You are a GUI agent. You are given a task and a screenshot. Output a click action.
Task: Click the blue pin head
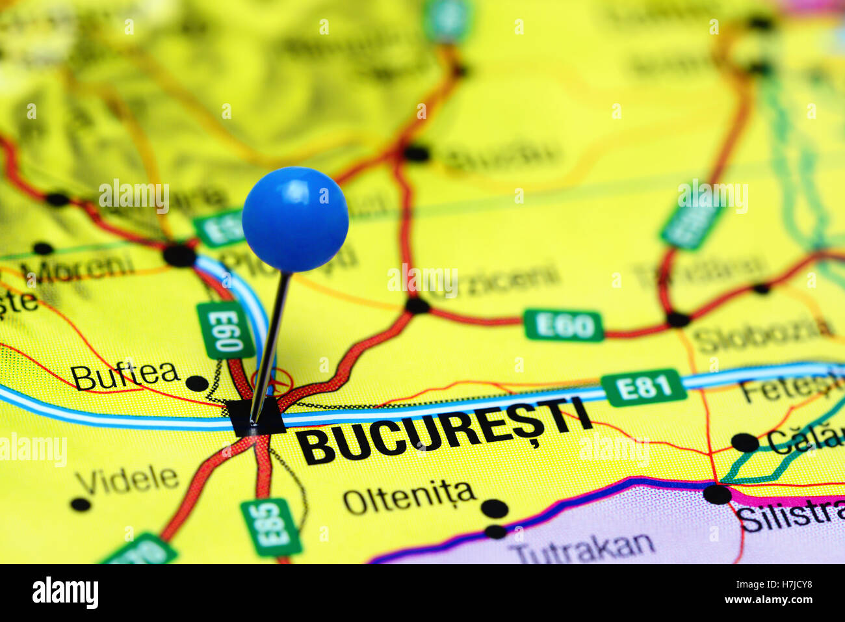[x=295, y=219]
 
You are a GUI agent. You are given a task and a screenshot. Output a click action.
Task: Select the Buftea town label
[x=125, y=375]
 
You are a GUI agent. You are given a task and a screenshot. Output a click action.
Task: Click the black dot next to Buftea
[x=196, y=383]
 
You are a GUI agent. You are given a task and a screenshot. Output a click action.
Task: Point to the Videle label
[x=127, y=480]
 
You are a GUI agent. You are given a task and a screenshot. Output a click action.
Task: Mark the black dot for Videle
[x=81, y=504]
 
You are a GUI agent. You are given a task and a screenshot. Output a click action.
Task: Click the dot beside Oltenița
[x=495, y=508]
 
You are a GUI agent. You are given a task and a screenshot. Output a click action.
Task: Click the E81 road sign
[x=643, y=388]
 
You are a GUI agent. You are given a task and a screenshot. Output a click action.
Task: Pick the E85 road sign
[x=270, y=526]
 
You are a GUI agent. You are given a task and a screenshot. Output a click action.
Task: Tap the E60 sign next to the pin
[x=225, y=330]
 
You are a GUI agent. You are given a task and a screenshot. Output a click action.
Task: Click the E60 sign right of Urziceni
[x=564, y=325]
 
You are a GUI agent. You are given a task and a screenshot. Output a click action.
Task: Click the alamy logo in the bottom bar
[x=65, y=593]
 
